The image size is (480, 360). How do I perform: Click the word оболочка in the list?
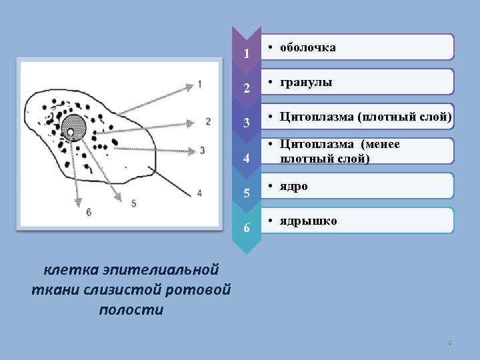(x=308, y=48)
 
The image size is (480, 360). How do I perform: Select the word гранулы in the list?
(x=306, y=83)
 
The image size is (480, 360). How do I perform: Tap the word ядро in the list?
(x=294, y=186)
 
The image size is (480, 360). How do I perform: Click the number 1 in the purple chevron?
(x=247, y=53)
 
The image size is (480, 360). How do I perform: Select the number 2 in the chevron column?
(x=247, y=88)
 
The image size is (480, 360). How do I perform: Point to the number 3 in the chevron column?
(x=247, y=123)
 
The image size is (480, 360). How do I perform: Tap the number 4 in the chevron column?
(x=247, y=159)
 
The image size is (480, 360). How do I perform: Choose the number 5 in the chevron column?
(x=247, y=194)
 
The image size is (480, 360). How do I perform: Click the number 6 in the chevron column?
(x=247, y=229)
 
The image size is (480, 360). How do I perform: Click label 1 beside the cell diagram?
(x=199, y=85)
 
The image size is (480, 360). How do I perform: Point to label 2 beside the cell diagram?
(x=208, y=121)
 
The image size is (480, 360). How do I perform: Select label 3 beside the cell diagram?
(x=202, y=151)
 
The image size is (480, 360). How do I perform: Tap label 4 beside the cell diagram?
(x=199, y=193)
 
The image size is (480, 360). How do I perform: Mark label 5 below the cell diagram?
(x=133, y=203)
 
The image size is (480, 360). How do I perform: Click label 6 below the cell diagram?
(x=89, y=212)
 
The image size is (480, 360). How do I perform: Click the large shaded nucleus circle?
(x=75, y=126)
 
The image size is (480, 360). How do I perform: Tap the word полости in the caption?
(x=131, y=310)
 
